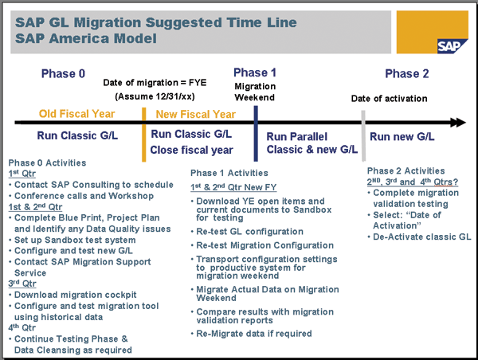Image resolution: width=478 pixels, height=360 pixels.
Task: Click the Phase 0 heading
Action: click(62, 74)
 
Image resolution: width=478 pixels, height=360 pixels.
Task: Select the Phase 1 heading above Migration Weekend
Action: click(255, 72)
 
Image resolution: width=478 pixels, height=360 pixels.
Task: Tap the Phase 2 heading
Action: click(406, 74)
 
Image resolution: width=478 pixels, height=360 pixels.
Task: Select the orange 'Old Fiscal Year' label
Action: click(77, 114)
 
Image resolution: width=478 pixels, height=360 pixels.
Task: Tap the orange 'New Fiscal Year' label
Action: click(195, 114)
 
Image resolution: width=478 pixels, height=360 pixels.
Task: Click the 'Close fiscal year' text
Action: click(192, 150)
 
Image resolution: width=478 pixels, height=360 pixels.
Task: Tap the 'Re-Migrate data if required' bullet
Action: click(254, 334)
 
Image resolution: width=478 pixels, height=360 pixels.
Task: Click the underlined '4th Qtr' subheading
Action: click(22, 327)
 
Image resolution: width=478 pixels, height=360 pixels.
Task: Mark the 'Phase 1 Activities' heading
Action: click(228, 173)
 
